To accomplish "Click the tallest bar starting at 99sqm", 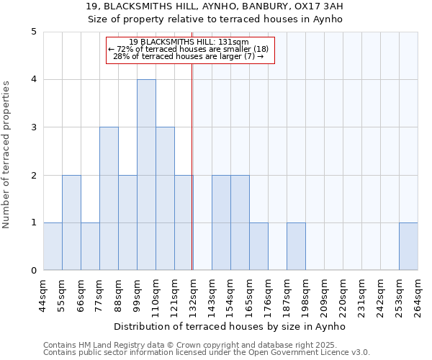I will click(x=146, y=175).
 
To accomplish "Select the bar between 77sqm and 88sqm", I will click(x=109, y=199).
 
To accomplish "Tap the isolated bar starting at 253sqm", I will click(x=408, y=246).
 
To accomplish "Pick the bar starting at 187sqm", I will click(x=296, y=246).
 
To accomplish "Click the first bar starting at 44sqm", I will click(x=53, y=246).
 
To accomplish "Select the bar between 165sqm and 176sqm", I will click(x=258, y=246).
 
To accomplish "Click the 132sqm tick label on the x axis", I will click(x=193, y=294).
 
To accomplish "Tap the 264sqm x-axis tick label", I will click(x=418, y=294).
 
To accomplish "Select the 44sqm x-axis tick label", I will click(x=43, y=294).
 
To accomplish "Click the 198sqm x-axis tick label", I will click(x=305, y=294).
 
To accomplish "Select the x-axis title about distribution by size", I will click(x=230, y=326).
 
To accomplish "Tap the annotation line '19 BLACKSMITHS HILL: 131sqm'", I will click(x=190, y=42).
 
